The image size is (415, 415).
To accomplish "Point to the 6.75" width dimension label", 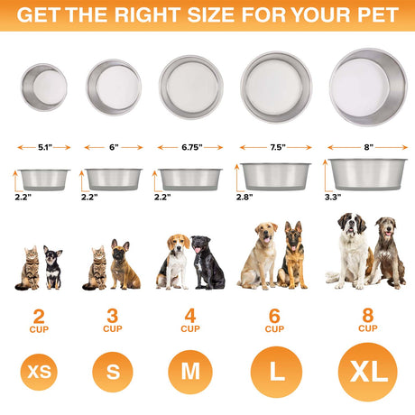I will [189, 144].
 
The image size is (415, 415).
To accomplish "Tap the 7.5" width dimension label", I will [277, 144].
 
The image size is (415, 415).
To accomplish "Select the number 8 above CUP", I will [367, 317].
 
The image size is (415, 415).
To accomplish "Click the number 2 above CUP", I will [39, 317].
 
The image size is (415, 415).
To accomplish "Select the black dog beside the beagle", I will [208, 264].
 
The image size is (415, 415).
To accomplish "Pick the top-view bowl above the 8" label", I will [367, 86].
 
